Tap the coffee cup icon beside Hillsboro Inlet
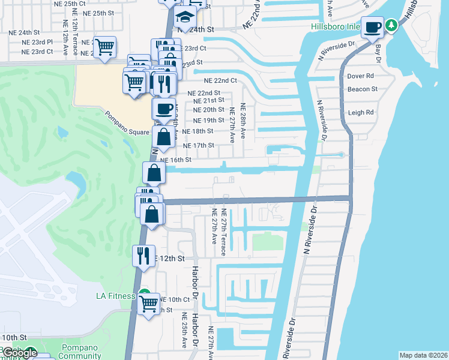pos(372,27)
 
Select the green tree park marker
pos(391,25)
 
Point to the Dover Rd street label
pos(361,76)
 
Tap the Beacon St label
pos(362,89)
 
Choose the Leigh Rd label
pos(361,112)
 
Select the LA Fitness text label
pos(116,296)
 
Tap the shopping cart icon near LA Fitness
pos(148,303)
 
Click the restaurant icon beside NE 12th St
pos(143,255)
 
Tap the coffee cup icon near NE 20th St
pos(163,109)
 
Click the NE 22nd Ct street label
pos(220,80)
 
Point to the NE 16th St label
pos(175,160)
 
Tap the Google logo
pos(20,353)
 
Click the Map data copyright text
pos(423,355)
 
